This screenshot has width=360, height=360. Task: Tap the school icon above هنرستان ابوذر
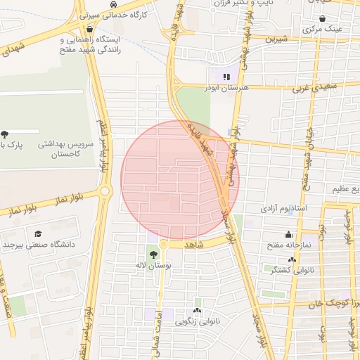click(226, 77)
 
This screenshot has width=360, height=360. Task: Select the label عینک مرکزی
click(322, 30)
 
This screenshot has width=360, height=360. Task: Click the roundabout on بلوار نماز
click(105, 191)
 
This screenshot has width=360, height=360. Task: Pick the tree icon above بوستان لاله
click(154, 255)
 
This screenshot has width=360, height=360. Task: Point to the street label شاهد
click(194, 245)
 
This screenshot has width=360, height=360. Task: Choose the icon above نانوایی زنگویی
click(197, 310)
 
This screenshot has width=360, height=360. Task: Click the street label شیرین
click(277, 39)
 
